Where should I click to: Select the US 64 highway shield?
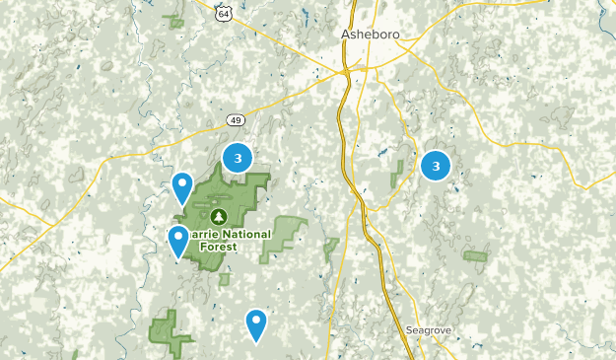(224, 12)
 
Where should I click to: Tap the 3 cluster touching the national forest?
(238, 157)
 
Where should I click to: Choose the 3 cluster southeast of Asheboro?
(436, 166)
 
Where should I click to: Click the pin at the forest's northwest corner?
(182, 185)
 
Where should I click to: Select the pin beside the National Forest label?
(178, 239)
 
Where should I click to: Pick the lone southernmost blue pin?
(256, 323)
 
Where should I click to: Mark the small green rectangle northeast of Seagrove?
(475, 256)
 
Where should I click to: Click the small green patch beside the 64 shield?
(176, 20)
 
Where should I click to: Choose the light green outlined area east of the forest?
(284, 237)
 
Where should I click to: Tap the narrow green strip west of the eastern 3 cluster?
(401, 174)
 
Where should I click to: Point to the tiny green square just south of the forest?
(224, 279)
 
